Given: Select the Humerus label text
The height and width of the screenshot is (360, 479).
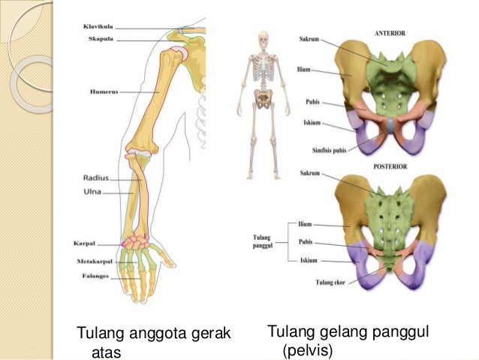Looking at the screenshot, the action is (x=101, y=92).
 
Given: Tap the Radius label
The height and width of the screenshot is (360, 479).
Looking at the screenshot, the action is (x=95, y=179).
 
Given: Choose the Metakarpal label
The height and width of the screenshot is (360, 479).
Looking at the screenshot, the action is (x=94, y=261).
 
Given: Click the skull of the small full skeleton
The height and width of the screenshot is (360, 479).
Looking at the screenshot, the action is (x=263, y=37).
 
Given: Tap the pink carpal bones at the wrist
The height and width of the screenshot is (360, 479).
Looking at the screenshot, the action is (x=137, y=243).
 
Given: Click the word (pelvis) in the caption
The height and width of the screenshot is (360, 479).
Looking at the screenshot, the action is (x=307, y=350).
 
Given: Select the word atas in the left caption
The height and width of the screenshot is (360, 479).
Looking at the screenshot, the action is (x=106, y=352).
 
